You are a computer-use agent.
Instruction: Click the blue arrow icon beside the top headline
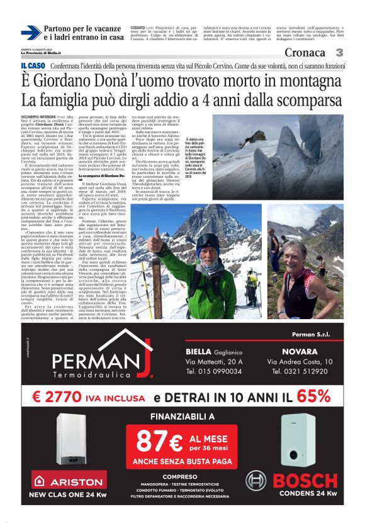[x=31, y=33]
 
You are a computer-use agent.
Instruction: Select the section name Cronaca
[x=305, y=52]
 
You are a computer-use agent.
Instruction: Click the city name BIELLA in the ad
[x=202, y=351]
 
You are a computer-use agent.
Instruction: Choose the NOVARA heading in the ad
[x=300, y=351]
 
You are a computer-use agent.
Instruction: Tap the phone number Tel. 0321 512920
[x=300, y=371]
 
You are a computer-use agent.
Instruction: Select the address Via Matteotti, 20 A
[x=214, y=362]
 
